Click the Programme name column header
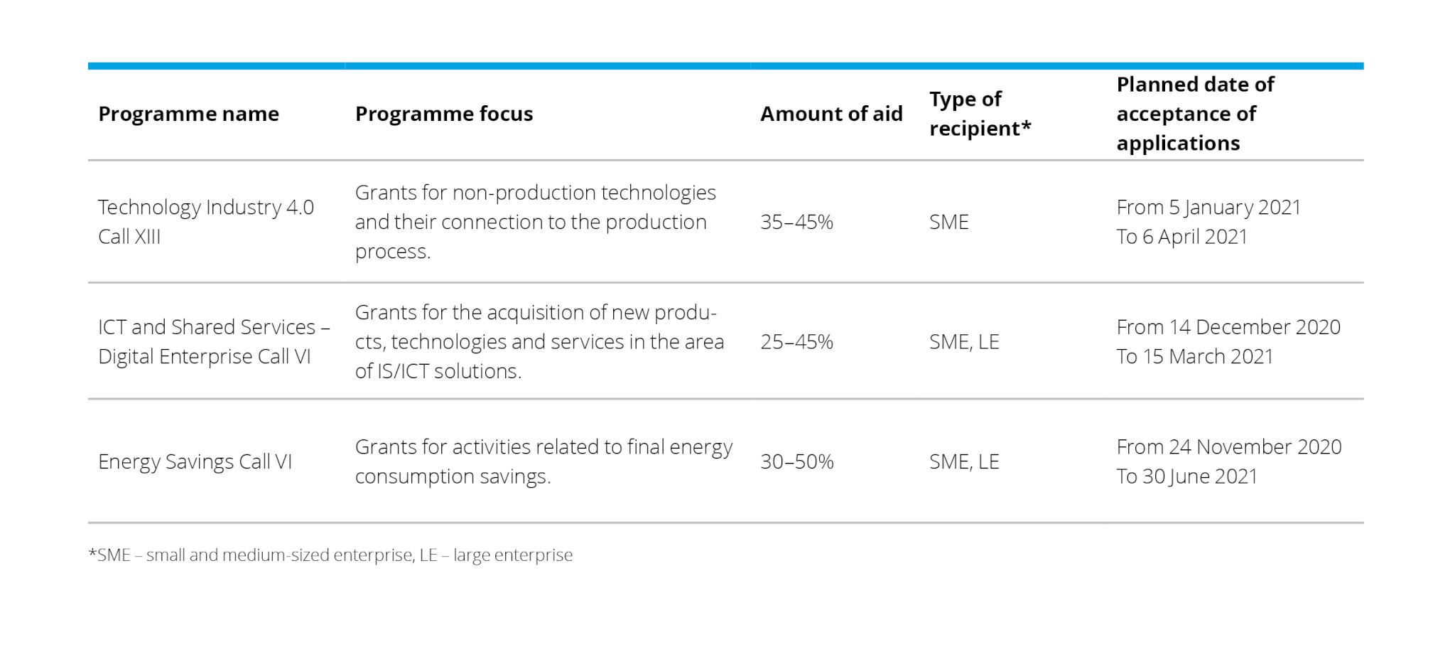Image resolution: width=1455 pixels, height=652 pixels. point(188,114)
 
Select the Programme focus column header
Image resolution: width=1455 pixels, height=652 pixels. point(443,114)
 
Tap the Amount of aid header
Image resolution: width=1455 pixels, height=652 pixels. point(831,114)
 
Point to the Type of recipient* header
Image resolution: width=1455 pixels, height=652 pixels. point(980,114)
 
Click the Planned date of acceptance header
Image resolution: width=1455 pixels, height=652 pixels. point(1195,114)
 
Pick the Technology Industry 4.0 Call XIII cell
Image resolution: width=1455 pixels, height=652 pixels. point(206,222)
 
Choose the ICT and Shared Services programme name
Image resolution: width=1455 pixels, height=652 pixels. point(214,341)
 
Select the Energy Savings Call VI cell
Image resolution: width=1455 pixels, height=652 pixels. point(195,461)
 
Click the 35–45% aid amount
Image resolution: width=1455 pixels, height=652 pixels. point(796,222)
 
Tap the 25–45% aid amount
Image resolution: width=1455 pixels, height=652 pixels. point(796,342)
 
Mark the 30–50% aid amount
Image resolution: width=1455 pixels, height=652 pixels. point(796,461)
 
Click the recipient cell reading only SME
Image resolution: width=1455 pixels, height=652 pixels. point(948,222)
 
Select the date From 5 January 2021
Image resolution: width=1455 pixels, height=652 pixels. point(1208,207)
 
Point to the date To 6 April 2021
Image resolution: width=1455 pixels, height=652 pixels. point(1182,237)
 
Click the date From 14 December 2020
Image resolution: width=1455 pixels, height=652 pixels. point(1228,327)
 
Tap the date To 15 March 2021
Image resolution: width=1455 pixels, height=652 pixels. point(1195,356)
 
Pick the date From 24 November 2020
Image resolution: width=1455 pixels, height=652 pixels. point(1229,447)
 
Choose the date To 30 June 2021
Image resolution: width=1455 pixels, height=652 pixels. point(1187,476)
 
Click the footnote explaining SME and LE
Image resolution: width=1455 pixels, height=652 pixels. point(330,555)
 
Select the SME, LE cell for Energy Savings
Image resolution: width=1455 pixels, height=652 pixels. point(964,461)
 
